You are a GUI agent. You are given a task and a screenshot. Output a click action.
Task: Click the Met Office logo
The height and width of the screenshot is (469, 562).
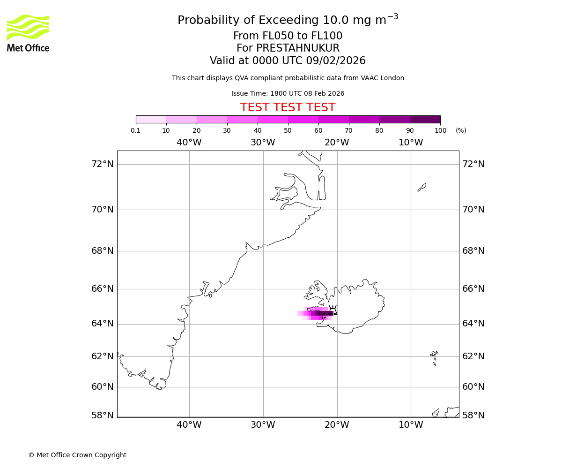pos(28,33)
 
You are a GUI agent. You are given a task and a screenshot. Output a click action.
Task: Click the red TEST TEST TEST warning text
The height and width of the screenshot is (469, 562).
pos(288,107)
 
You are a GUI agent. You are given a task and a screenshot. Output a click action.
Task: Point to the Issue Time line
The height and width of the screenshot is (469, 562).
pos(288,93)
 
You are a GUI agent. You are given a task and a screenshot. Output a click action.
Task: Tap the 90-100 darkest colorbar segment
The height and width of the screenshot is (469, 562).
pos(425,119)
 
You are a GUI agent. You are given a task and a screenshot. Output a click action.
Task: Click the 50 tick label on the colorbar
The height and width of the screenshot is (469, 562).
pos(288,130)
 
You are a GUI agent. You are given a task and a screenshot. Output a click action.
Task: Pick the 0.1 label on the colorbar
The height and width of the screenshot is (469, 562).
pos(135,130)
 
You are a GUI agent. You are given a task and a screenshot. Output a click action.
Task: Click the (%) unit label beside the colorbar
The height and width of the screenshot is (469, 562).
pos(461,130)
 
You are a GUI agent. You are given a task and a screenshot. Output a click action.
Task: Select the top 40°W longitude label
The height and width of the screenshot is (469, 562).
pos(189,143)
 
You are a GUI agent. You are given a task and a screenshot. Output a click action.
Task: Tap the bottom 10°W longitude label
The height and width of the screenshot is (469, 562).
pos(411,425)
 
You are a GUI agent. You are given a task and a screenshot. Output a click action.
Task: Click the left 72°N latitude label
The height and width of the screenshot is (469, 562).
pos(103,164)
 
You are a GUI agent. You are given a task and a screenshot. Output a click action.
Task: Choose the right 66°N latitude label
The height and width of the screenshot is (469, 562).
pos(473,288)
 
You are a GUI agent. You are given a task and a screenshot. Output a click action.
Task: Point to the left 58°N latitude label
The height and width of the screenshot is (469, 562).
pos(103,415)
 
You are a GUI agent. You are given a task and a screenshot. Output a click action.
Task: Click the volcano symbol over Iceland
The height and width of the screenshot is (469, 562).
pos(333,310)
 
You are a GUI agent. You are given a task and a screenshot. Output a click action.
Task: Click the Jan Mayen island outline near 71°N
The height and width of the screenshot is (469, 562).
pos(422,188)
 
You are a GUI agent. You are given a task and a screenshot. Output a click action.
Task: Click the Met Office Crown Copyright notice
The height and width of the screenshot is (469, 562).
pos(77,455)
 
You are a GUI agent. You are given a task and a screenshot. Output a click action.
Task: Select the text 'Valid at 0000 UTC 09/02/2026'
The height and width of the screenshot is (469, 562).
pos(288,61)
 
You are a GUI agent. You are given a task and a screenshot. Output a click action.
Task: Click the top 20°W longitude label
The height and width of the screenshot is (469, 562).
pos(337,143)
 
